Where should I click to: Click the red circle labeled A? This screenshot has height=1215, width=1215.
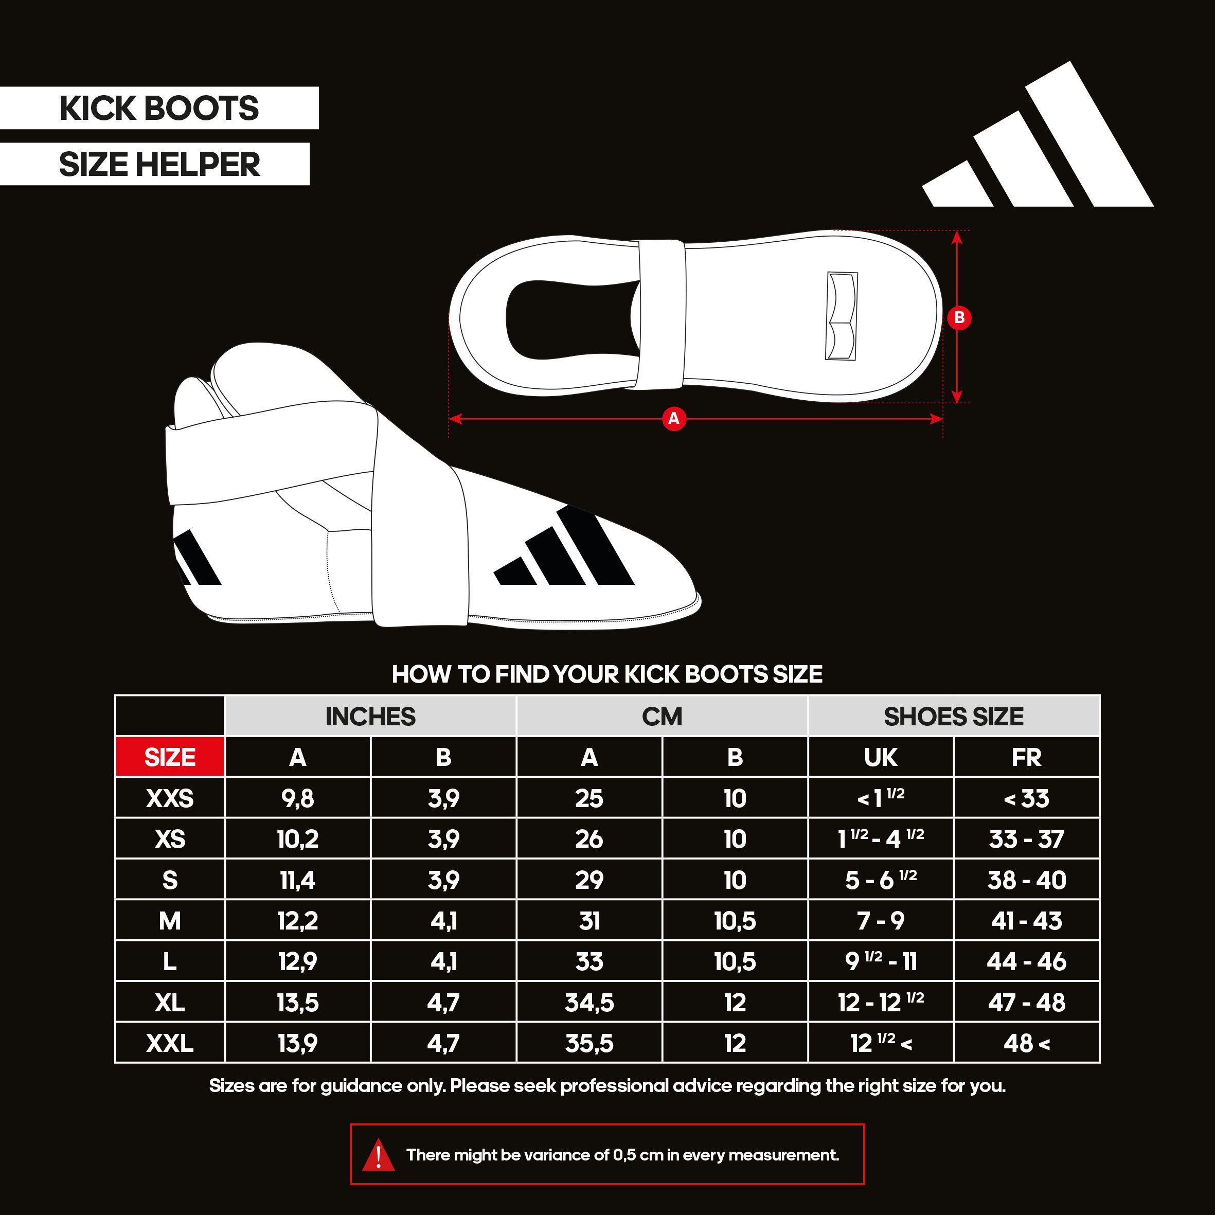(673, 418)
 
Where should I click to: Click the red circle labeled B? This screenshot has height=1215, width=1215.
(959, 317)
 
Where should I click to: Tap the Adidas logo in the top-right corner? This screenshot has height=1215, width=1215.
(1038, 134)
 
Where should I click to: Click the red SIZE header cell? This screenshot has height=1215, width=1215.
(170, 757)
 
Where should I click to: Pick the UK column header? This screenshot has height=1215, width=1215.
(881, 757)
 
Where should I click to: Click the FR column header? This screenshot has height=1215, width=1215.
(1026, 757)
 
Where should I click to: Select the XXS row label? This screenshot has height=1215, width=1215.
(170, 798)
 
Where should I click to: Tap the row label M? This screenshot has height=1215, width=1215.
(170, 921)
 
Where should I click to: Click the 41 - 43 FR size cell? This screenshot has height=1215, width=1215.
(1026, 921)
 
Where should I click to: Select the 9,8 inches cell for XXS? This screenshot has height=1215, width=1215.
(297, 798)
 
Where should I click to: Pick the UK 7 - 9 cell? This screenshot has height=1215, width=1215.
(881, 921)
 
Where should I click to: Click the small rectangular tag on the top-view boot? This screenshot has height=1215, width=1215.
(842, 316)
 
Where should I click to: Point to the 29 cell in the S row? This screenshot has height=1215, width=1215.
(589, 880)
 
